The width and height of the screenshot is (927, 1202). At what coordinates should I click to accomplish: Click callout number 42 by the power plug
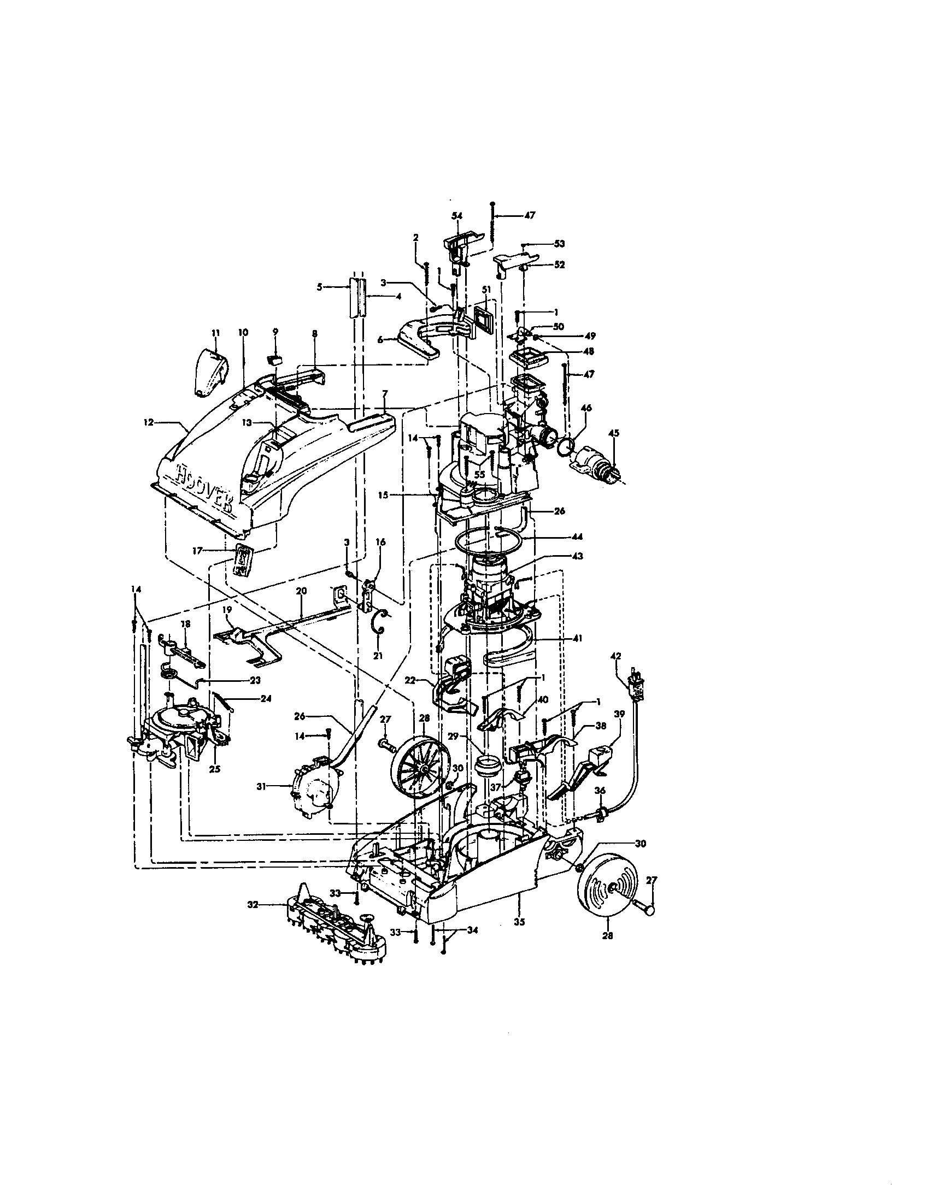point(616,656)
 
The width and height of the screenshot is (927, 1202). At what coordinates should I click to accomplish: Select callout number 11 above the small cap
point(215,333)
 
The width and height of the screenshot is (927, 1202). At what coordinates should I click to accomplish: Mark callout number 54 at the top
point(457,216)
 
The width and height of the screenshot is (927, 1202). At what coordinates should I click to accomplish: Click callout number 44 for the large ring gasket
point(577,536)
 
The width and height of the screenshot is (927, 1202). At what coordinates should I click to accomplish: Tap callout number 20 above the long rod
point(301,591)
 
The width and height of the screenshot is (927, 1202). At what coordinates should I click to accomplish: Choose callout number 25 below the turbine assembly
point(215,769)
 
